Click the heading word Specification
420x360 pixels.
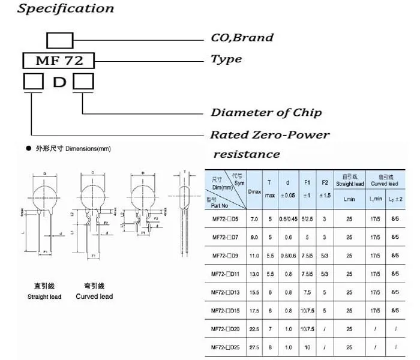click(65, 9)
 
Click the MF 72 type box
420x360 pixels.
click(58, 60)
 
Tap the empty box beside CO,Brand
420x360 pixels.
click(60, 41)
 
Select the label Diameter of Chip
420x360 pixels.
click(266, 113)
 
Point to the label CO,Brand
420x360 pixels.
click(241, 38)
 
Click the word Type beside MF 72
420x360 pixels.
click(226, 59)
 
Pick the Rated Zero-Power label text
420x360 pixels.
click(269, 135)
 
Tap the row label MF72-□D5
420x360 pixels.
click(226, 220)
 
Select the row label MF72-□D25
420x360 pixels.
click(226, 347)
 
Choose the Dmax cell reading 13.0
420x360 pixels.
click(254, 274)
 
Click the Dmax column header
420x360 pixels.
click(254, 191)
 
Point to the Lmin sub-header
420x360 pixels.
click(349, 199)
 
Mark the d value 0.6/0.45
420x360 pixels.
click(289, 220)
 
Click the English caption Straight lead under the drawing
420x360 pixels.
click(44, 296)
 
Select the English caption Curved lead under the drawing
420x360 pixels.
click(94, 296)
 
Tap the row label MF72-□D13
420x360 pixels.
click(226, 292)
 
